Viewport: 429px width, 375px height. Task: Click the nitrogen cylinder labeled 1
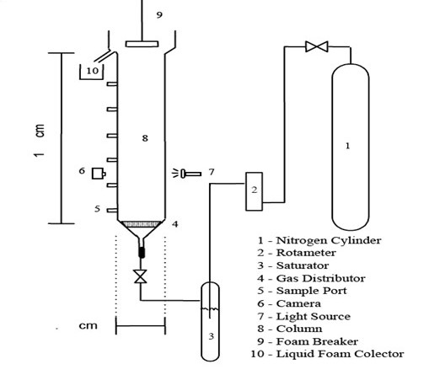coord(351,147)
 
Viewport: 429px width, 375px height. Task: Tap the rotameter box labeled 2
coord(254,191)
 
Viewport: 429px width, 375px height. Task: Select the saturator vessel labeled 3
coord(210,321)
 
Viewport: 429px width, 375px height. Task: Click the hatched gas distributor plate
coord(141,224)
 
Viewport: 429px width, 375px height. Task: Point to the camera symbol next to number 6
coord(99,174)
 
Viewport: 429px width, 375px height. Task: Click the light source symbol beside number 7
coord(187,174)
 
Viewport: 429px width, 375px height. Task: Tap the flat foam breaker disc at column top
coord(142,44)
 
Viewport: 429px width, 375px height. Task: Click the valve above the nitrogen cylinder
coord(317,46)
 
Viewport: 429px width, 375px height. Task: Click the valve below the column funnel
coord(140,276)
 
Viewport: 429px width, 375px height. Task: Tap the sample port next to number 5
coord(112,210)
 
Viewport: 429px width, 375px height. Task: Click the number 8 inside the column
coord(145,138)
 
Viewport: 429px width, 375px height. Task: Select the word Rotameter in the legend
coord(306,253)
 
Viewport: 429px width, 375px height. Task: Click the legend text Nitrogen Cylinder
coord(329,240)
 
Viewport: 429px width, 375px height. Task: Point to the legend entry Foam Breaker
coord(317,341)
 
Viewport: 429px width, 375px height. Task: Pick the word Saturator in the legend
coord(303,265)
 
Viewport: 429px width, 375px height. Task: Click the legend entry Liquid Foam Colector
coord(341,354)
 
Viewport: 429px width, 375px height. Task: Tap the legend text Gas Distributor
coord(321,278)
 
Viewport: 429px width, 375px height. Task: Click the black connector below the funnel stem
coord(142,252)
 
